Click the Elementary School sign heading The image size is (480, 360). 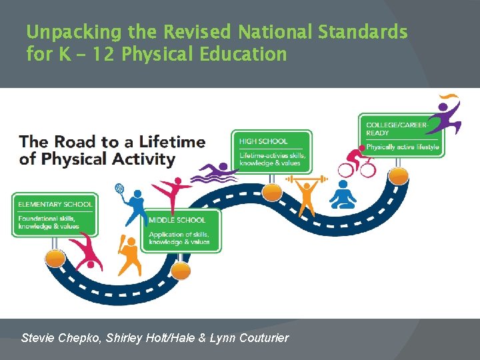[x=55, y=204]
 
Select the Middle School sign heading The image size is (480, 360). [x=177, y=220]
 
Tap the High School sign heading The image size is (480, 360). [x=263, y=141]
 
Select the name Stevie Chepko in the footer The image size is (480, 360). [x=62, y=338]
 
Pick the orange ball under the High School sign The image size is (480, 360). [x=272, y=193]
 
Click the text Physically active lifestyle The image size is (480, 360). [x=402, y=147]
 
